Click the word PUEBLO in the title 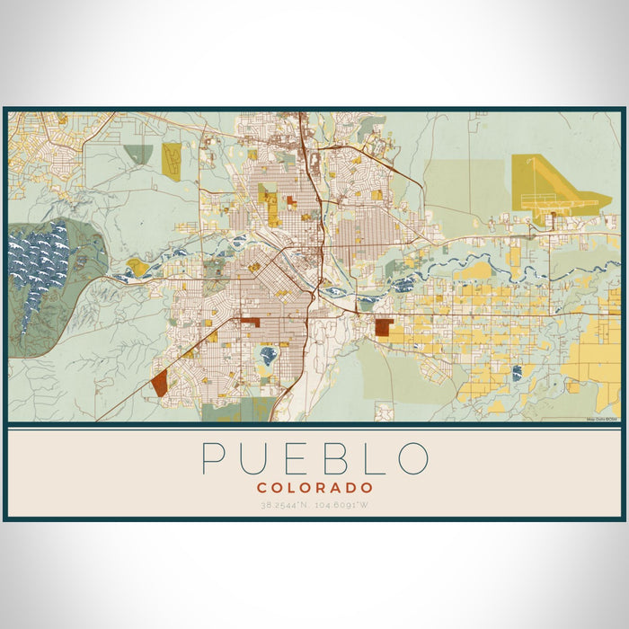[x=314, y=457]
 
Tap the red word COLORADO [x=314, y=487]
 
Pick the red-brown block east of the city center [x=384, y=328]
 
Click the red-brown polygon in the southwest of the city [x=159, y=385]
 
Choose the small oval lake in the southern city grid [x=268, y=356]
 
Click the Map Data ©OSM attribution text [x=602, y=419]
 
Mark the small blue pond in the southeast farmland [x=517, y=373]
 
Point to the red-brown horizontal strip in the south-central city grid [x=249, y=322]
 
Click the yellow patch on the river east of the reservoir [x=137, y=266]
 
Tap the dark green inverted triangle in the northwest [x=138, y=154]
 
